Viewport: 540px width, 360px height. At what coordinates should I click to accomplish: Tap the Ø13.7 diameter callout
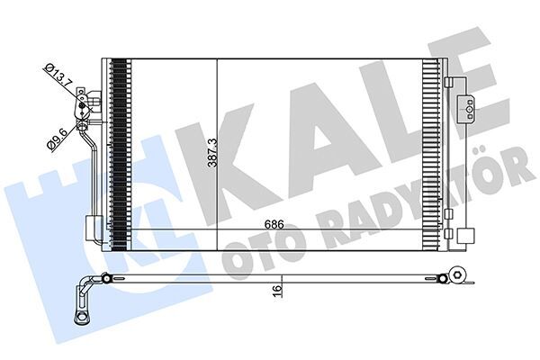59,74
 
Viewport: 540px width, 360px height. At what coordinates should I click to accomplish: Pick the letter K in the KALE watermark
243,144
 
